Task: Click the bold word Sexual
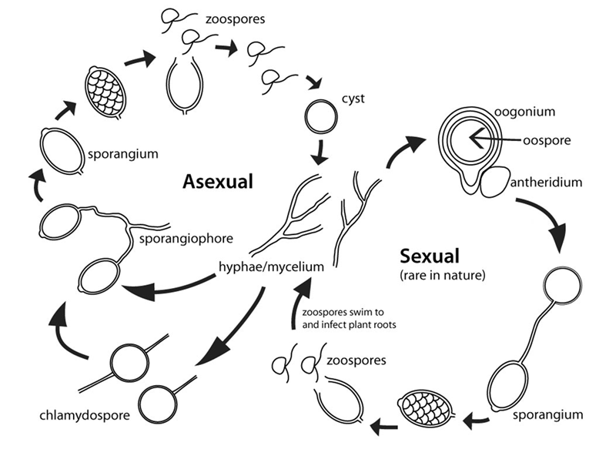click(429, 256)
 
